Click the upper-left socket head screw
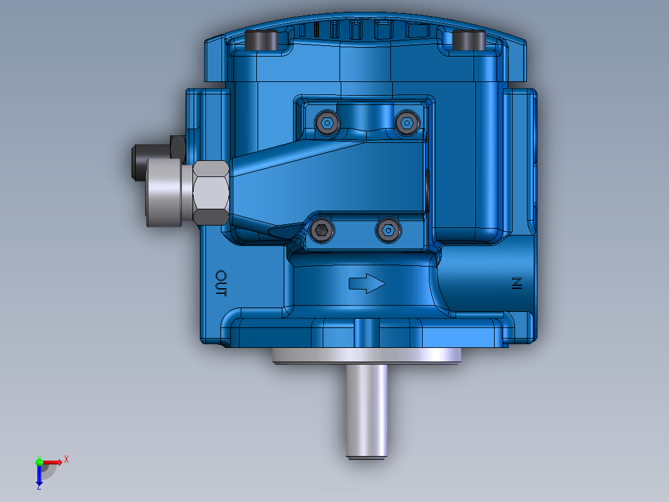coord(327,123)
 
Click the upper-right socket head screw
coord(406,123)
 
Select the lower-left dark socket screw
coord(321,231)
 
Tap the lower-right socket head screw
coord(387,230)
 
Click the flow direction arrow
coord(367,284)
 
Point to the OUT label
coord(222,283)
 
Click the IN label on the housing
coord(515,284)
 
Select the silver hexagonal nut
coord(210,192)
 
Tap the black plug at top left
coord(263,41)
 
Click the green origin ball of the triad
coord(40,462)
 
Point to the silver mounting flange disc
coord(367,355)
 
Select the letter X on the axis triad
coord(66,459)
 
